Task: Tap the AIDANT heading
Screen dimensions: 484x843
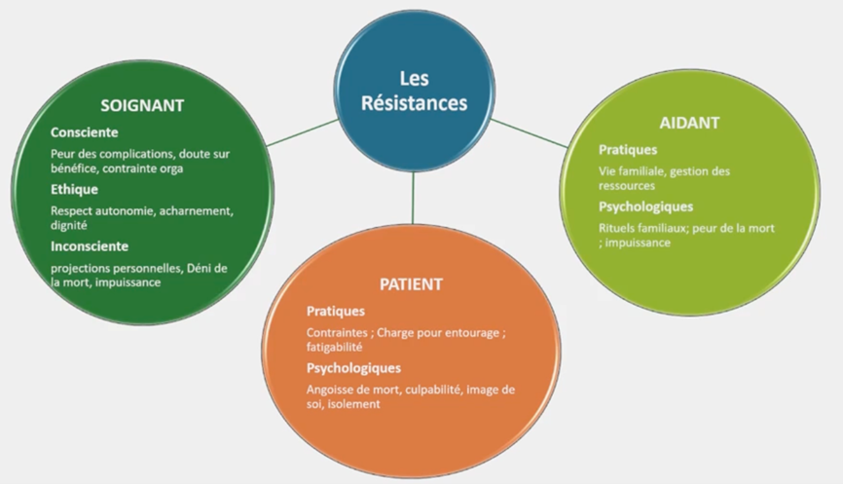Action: (690, 124)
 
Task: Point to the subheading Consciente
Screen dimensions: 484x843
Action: (84, 131)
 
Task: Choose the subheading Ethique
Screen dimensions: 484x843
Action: (74, 189)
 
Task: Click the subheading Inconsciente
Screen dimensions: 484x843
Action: (90, 245)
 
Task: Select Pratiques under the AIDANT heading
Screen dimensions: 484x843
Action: (627, 150)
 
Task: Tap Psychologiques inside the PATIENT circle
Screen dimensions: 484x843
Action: (353, 367)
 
